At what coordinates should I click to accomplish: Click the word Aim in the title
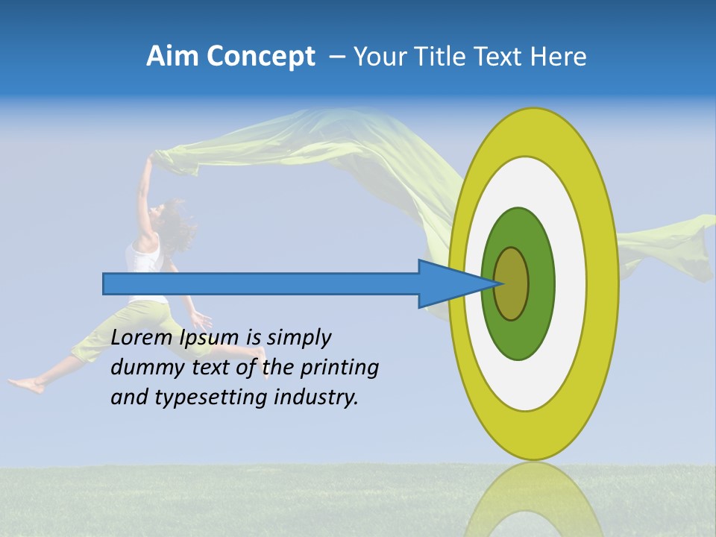(172, 57)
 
